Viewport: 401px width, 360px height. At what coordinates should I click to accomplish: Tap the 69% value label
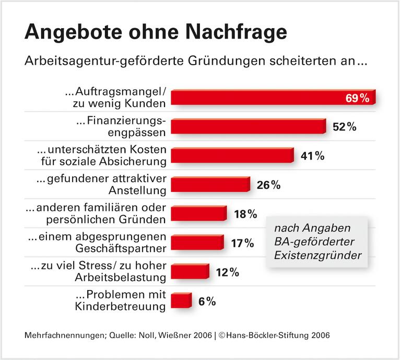pos(358,98)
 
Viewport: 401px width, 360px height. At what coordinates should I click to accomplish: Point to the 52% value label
pos(344,127)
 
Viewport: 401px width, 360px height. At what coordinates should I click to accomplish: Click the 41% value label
pos(312,156)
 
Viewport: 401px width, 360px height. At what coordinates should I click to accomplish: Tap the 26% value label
pos(269,185)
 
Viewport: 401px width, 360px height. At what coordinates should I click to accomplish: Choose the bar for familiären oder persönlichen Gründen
pos(198,214)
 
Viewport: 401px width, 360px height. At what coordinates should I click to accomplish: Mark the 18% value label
pos(245,214)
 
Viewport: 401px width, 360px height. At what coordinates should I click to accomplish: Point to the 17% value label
pos(242,243)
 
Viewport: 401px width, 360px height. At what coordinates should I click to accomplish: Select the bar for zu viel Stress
pos(190,272)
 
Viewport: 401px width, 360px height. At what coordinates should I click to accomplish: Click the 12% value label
pos(227,272)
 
